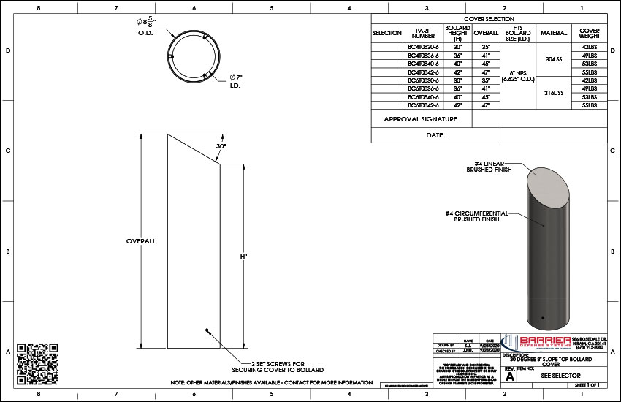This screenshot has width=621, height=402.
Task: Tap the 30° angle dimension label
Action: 221,146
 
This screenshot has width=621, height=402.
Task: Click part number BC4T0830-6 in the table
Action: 423,46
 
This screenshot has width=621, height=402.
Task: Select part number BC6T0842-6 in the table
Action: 423,105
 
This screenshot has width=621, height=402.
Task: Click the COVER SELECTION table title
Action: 489,19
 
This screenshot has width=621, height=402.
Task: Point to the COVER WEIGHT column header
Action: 589,33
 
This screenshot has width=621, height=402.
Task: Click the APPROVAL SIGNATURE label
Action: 422,119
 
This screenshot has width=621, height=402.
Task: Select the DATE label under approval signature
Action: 436,135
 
